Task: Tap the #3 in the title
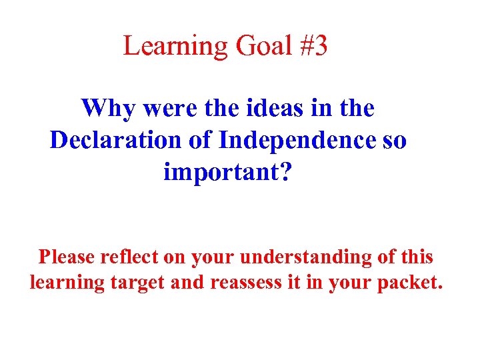311,47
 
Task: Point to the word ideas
260,108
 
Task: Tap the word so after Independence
393,140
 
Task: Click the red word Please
67,257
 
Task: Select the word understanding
297,257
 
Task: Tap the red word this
415,257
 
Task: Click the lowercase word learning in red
67,283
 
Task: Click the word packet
409,283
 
